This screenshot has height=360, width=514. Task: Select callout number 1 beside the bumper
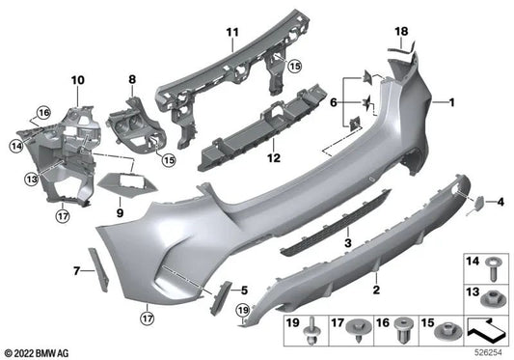pyautogui.click(x=448, y=100)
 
